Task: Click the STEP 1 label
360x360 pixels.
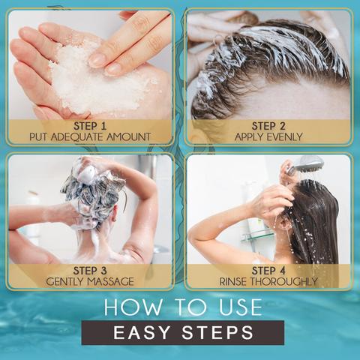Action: click(x=90, y=126)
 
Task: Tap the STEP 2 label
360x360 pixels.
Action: click(x=268, y=126)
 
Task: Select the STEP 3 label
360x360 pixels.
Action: click(x=90, y=271)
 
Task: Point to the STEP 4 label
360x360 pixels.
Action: click(x=268, y=271)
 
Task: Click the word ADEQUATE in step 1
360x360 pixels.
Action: click(x=79, y=137)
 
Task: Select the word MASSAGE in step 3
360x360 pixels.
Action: click(x=110, y=282)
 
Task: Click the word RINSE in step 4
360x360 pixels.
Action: click(x=233, y=282)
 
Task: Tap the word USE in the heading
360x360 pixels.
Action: click(x=241, y=307)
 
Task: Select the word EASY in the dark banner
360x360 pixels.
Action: click(x=142, y=332)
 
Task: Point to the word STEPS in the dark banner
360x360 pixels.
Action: click(x=217, y=332)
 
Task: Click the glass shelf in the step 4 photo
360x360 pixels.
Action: click(x=257, y=235)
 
